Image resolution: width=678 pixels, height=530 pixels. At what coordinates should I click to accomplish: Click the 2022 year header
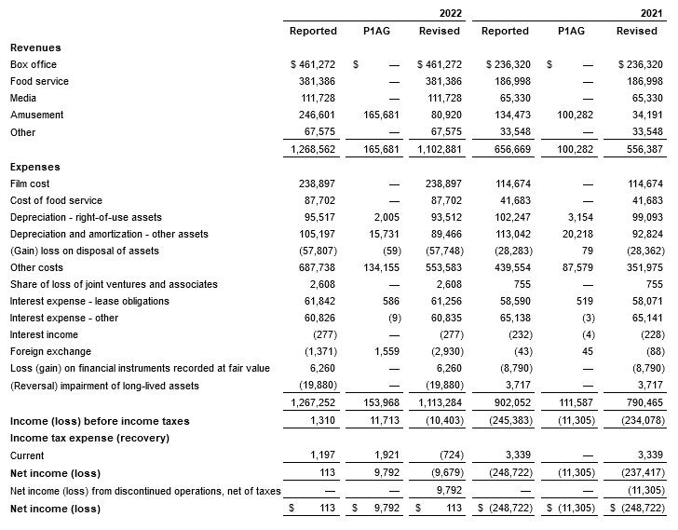pyautogui.click(x=449, y=13)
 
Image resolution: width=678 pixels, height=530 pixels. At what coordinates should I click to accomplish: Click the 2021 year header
pyautogui.click(x=651, y=13)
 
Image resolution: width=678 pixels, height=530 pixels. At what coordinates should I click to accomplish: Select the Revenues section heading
pyautogui.click(x=34, y=48)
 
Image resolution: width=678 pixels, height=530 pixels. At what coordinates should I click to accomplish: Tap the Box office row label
pyautogui.click(x=33, y=64)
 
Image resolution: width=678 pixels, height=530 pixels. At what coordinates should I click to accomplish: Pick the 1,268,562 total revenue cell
pyautogui.click(x=314, y=149)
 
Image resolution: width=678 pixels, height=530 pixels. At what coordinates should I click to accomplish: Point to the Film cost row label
pyautogui.click(x=32, y=183)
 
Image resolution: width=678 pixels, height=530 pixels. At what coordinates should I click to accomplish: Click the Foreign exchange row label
pyautogui.click(x=50, y=351)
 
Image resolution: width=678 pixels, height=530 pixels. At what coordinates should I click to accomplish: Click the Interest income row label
pyautogui.click(x=43, y=334)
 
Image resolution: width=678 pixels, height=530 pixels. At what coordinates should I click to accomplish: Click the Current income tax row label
pyautogui.click(x=27, y=455)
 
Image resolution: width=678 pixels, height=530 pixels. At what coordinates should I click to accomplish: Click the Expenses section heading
pyautogui.click(x=34, y=167)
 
